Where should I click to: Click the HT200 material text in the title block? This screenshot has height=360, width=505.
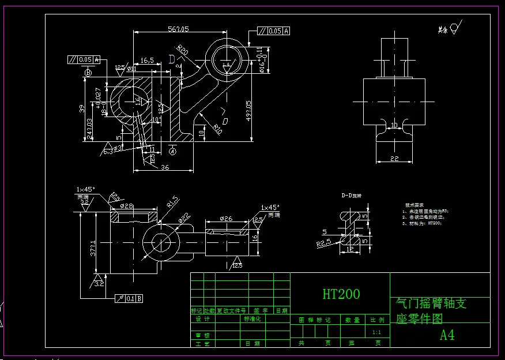[x=341, y=294]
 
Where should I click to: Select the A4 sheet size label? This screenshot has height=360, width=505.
[x=447, y=335]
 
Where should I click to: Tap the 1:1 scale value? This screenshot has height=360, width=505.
[x=376, y=332]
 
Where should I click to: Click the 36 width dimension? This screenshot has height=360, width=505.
[x=164, y=167]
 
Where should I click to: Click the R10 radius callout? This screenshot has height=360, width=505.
[x=217, y=127]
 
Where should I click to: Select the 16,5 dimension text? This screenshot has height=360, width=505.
[x=147, y=60]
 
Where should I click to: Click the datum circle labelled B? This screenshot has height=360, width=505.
[x=88, y=73]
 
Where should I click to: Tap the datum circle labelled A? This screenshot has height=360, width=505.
[x=172, y=151]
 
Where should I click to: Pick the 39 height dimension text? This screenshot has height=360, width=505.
[x=82, y=108]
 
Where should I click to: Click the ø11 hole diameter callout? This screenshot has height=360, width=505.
[x=131, y=69]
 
